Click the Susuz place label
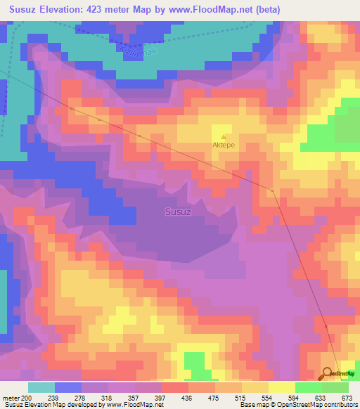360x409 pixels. pyautogui.click(x=178, y=210)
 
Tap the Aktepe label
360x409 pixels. pyautogui.click(x=224, y=145)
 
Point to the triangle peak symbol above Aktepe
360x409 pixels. pyautogui.click(x=224, y=137)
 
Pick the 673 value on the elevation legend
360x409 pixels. pyautogui.click(x=347, y=397)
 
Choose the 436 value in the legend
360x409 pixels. pyautogui.click(x=187, y=397)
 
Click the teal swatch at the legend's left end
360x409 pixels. pyautogui.click(x=41, y=387)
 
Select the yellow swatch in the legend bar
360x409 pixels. pyautogui.click(x=281, y=387)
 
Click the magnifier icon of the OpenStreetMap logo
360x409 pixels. pyautogui.click(x=328, y=373)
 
